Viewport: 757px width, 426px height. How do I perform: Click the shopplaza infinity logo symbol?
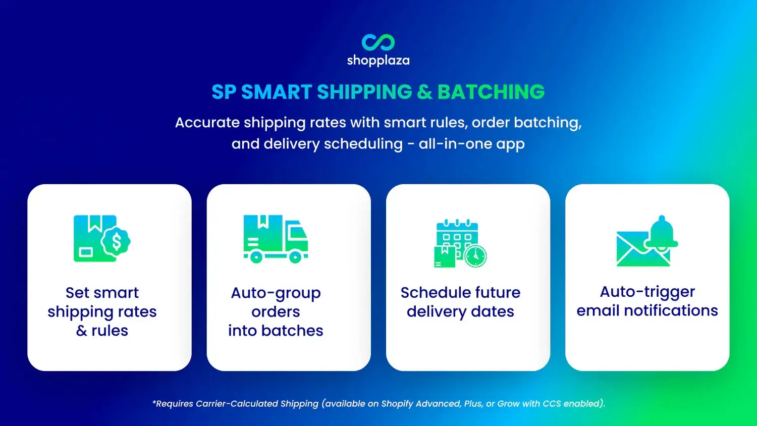point(378,42)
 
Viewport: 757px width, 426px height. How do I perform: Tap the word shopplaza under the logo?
point(378,61)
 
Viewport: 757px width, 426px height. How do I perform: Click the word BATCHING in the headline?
point(491,92)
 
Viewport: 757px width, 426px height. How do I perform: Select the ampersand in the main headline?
point(424,92)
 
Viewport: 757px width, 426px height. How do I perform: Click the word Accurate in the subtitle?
point(207,123)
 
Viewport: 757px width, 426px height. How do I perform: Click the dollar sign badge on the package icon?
point(117,242)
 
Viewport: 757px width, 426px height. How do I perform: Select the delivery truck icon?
point(276,239)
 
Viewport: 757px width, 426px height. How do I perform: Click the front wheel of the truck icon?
point(295,257)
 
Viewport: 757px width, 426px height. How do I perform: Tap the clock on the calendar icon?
point(475,256)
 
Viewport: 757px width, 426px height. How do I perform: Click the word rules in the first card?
point(110,331)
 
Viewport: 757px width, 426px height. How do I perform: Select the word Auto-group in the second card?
point(276,293)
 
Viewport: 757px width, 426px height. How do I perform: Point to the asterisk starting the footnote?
point(154,402)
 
